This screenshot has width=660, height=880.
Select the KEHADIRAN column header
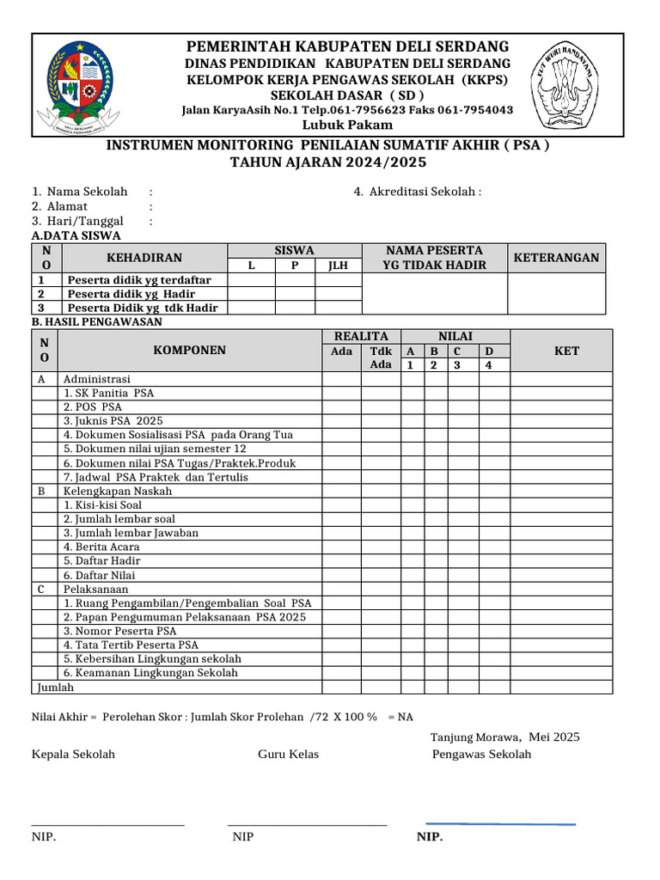coord(144,258)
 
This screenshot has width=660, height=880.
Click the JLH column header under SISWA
coord(338,266)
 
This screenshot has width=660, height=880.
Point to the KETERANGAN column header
coord(556,258)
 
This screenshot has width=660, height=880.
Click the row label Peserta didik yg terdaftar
coord(139,280)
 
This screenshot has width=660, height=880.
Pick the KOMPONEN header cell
coord(189,350)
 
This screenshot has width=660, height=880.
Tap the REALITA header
coord(361,336)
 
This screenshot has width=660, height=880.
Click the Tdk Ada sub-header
coord(381,357)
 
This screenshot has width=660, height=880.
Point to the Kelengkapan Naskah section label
coord(118,491)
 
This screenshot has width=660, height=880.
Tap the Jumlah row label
coord(54,687)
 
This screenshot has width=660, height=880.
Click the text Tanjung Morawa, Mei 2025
coord(504,736)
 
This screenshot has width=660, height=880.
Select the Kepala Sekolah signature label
coord(73,755)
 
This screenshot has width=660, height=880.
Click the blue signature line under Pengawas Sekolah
coord(500,823)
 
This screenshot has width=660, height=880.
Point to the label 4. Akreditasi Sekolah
coord(417,192)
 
